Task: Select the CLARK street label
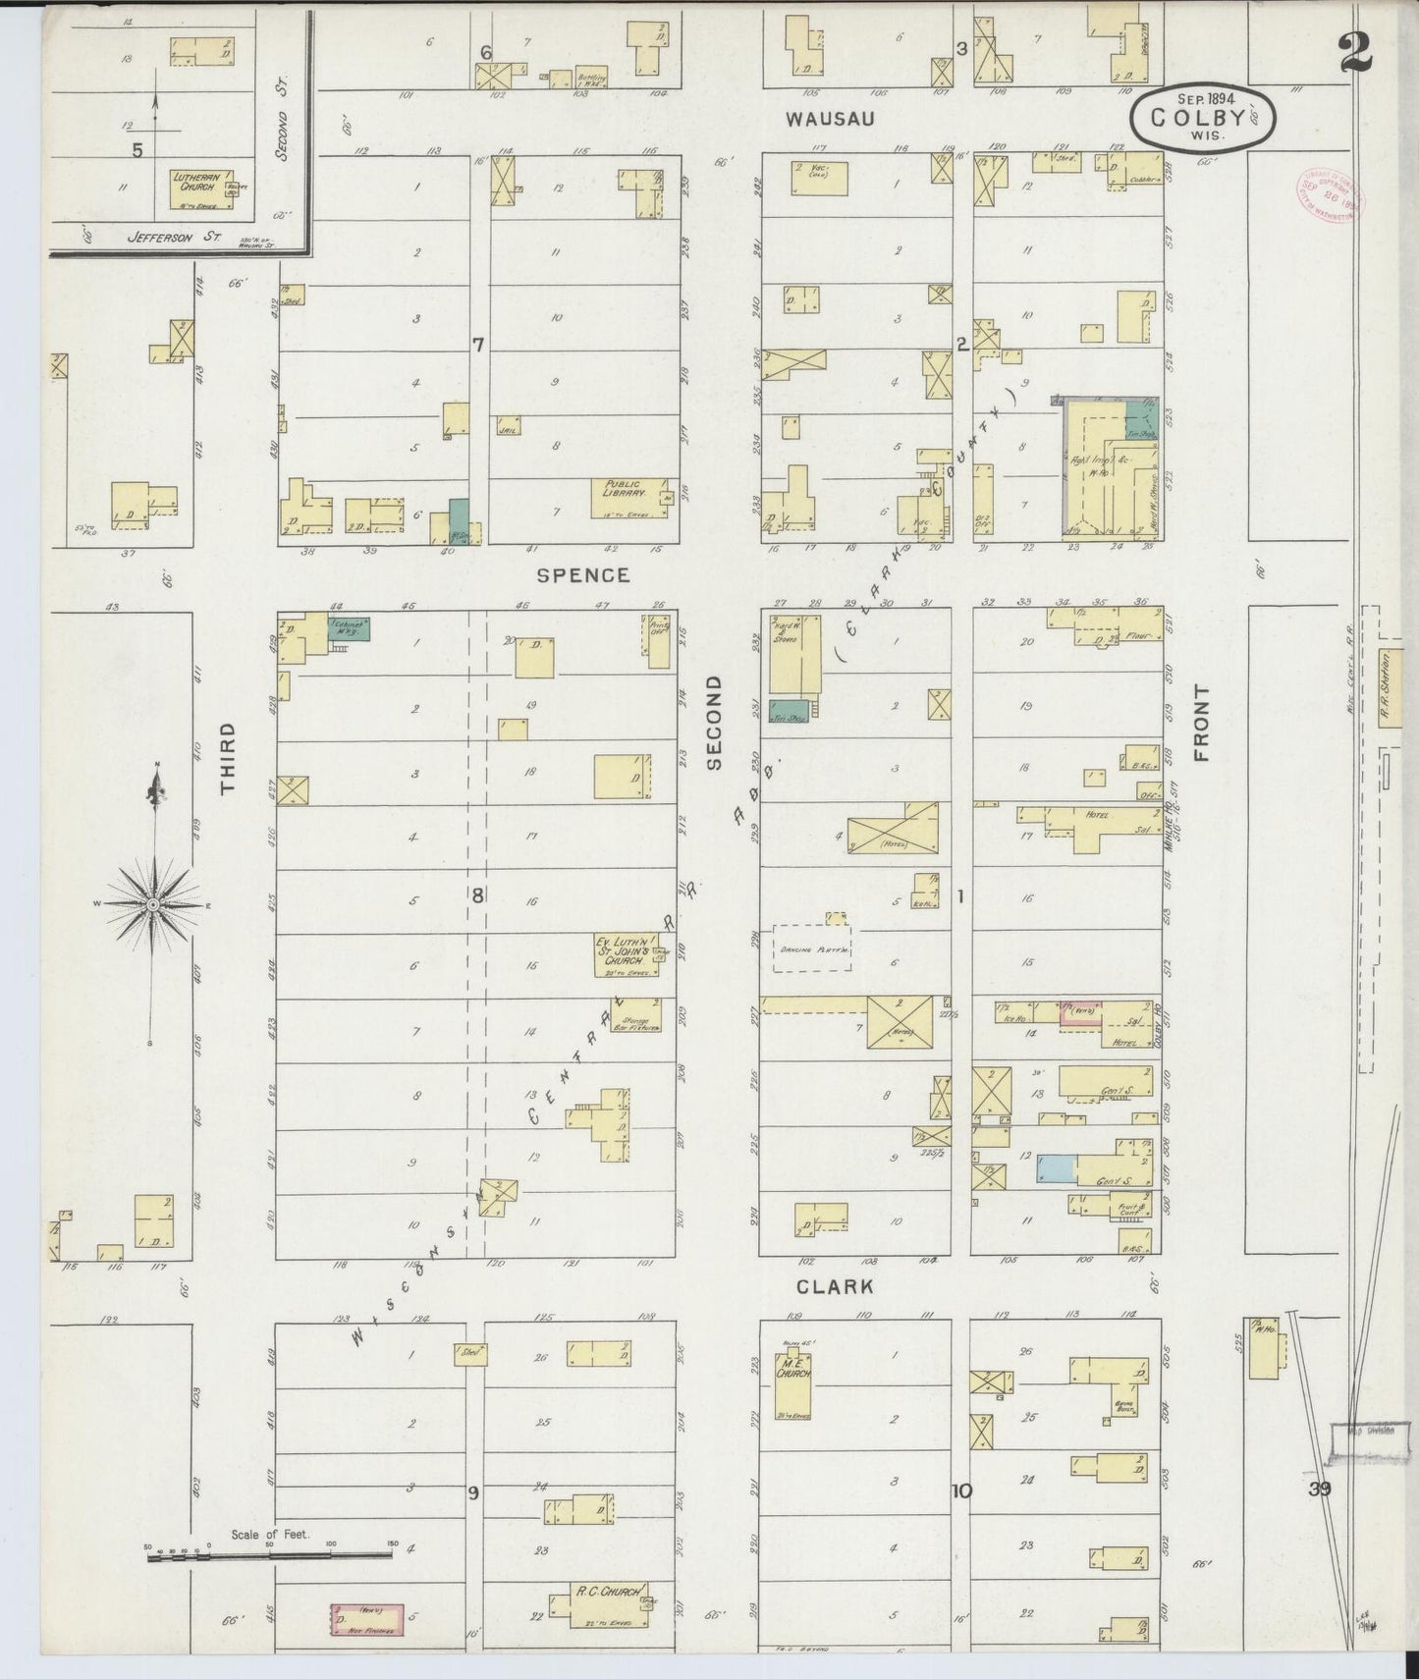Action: (x=835, y=1285)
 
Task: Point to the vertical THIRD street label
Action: (x=228, y=757)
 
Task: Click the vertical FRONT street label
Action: (x=1201, y=724)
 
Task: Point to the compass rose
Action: (x=153, y=902)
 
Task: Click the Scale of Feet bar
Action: (x=269, y=1553)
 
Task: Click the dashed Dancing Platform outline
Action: (x=811, y=948)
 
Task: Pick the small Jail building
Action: (x=509, y=426)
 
